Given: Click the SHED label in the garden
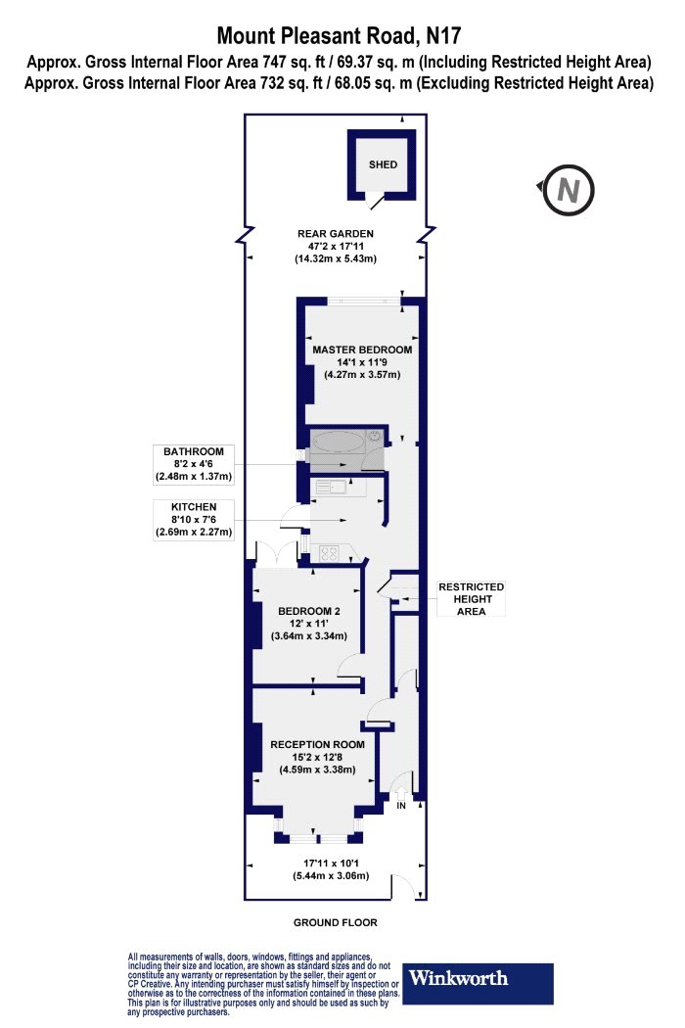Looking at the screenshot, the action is (383, 164).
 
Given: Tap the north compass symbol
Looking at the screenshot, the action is (568, 190).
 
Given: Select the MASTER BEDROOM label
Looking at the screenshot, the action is (362, 350).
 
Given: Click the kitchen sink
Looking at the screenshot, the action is (332, 488).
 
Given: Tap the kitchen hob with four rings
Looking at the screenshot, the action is (329, 554).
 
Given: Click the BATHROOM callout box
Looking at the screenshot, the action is (194, 464).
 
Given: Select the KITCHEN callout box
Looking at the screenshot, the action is (194, 519).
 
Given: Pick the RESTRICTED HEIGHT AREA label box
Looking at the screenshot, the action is (472, 599).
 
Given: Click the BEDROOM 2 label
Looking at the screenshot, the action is (309, 611).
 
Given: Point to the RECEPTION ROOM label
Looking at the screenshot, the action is (317, 744).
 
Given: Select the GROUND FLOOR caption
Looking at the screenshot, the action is (335, 922).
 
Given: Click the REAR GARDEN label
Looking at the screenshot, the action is (335, 233).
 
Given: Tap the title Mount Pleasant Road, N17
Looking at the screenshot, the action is (339, 35).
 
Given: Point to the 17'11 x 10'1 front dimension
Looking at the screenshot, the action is (331, 863).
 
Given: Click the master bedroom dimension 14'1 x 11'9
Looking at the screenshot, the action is (362, 362).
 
